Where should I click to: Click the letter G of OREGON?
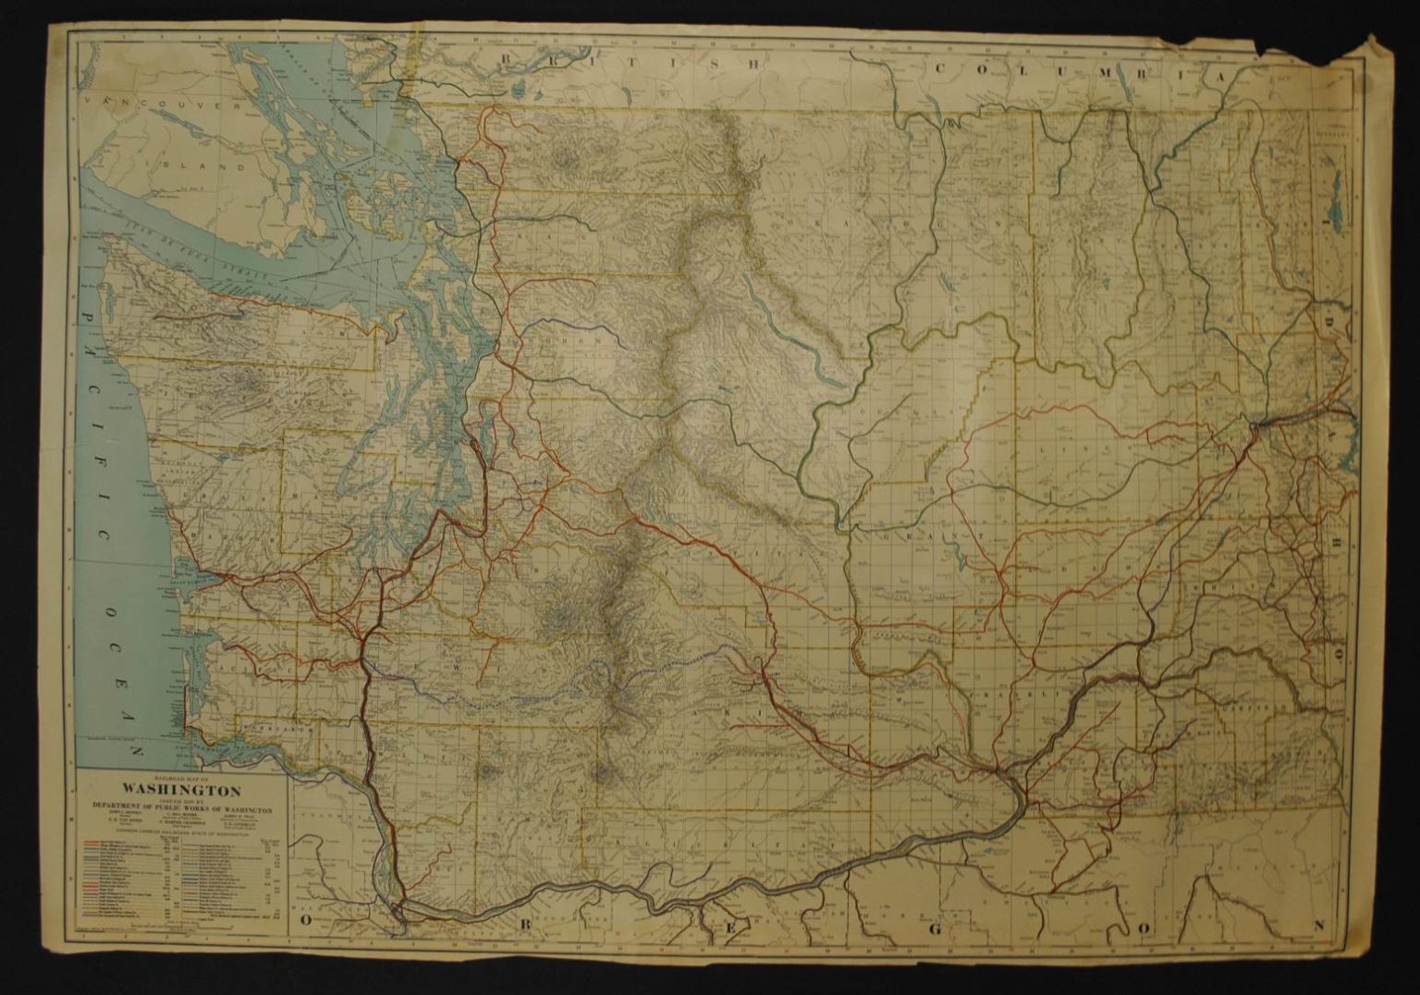[x=934, y=927]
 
